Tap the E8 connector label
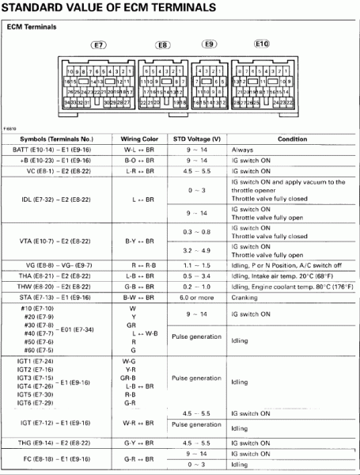[x=162, y=46]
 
